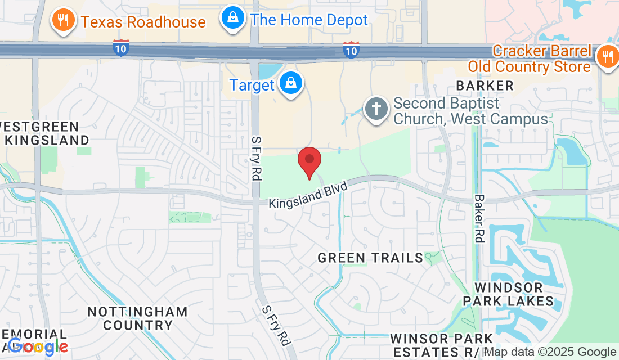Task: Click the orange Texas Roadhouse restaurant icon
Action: point(63,21)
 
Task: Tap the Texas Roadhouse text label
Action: point(143,22)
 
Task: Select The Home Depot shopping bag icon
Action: point(231,20)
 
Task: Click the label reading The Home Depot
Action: point(309,20)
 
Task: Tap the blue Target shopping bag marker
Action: point(291,84)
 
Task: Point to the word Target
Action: point(252,85)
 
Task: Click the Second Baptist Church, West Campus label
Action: point(470,111)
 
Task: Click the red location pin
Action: point(309,160)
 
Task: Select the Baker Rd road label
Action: point(479,218)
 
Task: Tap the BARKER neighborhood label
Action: point(485,86)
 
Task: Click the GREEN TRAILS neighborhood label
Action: point(370,258)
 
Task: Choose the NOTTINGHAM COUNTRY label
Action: point(138,318)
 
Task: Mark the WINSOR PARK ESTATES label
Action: point(441,345)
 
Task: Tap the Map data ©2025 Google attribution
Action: point(550,352)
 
